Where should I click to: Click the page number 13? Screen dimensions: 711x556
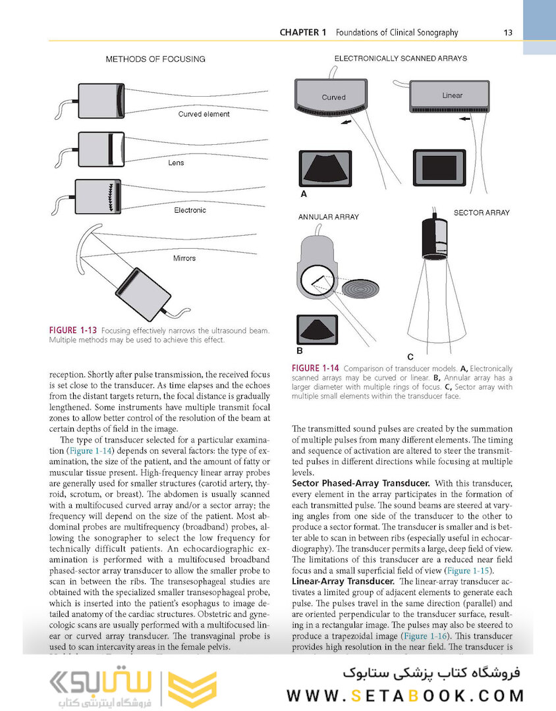point(508,32)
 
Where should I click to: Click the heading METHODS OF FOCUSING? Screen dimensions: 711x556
point(155,59)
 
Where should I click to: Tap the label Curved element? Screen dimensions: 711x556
point(204,114)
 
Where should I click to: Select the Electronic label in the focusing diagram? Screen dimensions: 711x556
point(190,210)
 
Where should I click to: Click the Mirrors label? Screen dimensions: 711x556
point(184,258)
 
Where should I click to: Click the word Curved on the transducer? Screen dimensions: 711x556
point(333,97)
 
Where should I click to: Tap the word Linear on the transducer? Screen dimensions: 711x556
point(453,95)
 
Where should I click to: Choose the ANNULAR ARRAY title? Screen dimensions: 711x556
point(329,217)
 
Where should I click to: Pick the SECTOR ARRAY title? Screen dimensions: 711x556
point(482,213)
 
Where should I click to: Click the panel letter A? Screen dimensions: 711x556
point(304,194)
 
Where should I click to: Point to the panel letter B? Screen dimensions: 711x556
point(299,352)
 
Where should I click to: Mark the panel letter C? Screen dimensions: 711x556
point(410,356)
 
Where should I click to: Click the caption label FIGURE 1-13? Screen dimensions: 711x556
point(73,329)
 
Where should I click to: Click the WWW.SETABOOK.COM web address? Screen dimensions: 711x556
point(405,695)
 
